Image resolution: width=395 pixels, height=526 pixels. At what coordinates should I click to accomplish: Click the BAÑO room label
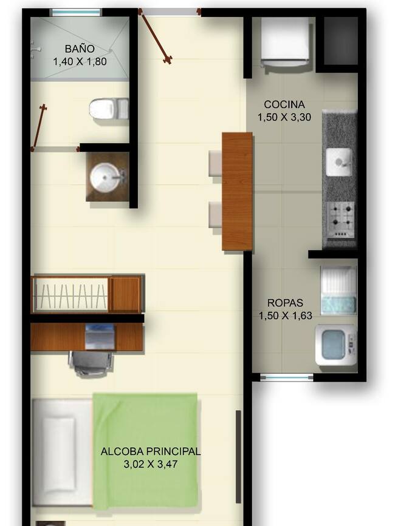click(x=80, y=49)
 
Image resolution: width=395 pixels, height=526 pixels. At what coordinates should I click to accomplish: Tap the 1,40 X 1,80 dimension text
click(x=80, y=61)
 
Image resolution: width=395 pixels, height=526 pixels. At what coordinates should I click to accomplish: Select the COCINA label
click(x=284, y=104)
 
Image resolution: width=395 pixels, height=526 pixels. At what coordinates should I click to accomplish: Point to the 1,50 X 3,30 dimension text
click(x=284, y=117)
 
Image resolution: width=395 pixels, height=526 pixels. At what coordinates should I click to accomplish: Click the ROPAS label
click(x=285, y=303)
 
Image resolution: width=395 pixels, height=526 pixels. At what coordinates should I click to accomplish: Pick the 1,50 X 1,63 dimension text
click(x=285, y=315)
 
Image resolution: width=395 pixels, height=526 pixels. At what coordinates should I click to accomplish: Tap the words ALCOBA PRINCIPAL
click(x=151, y=451)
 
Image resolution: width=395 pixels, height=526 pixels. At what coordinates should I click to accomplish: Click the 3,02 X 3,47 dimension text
click(x=151, y=464)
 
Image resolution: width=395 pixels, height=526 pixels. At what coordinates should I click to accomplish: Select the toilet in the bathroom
click(x=109, y=109)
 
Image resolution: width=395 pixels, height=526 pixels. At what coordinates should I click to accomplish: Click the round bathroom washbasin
click(x=105, y=177)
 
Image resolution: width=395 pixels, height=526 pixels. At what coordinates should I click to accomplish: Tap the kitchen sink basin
click(x=338, y=163)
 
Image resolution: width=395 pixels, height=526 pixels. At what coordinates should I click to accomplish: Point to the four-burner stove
click(x=340, y=220)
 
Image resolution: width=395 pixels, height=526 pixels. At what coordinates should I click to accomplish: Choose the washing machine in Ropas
click(x=336, y=345)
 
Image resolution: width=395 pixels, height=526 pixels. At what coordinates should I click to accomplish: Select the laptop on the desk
click(x=100, y=337)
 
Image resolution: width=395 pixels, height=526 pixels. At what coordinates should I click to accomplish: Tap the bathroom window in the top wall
click(x=76, y=12)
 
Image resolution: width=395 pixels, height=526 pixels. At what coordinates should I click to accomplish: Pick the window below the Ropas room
click(x=286, y=378)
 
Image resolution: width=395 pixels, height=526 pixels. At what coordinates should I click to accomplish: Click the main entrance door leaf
click(x=155, y=36)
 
